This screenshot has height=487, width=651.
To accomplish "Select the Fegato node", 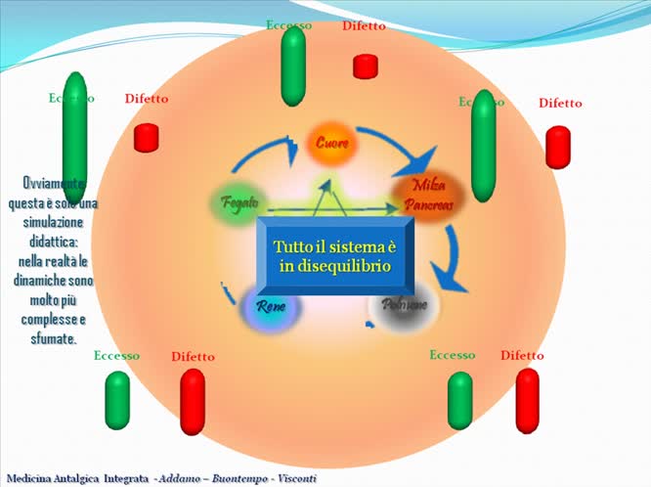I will tap(239, 202).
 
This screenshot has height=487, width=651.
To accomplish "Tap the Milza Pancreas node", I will tap(428, 196).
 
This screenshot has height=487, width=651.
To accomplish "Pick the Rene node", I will tap(271, 307).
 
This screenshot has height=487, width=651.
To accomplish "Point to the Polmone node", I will tap(404, 306).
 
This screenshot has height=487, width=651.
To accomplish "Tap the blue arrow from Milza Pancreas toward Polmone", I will tap(450, 259).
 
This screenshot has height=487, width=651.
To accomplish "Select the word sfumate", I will tap(54, 338).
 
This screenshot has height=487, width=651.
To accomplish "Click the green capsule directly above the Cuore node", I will tap(292, 66).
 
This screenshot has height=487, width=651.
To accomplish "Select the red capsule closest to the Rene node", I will tap(193, 401).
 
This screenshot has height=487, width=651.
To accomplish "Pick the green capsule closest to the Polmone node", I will tap(460, 400).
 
